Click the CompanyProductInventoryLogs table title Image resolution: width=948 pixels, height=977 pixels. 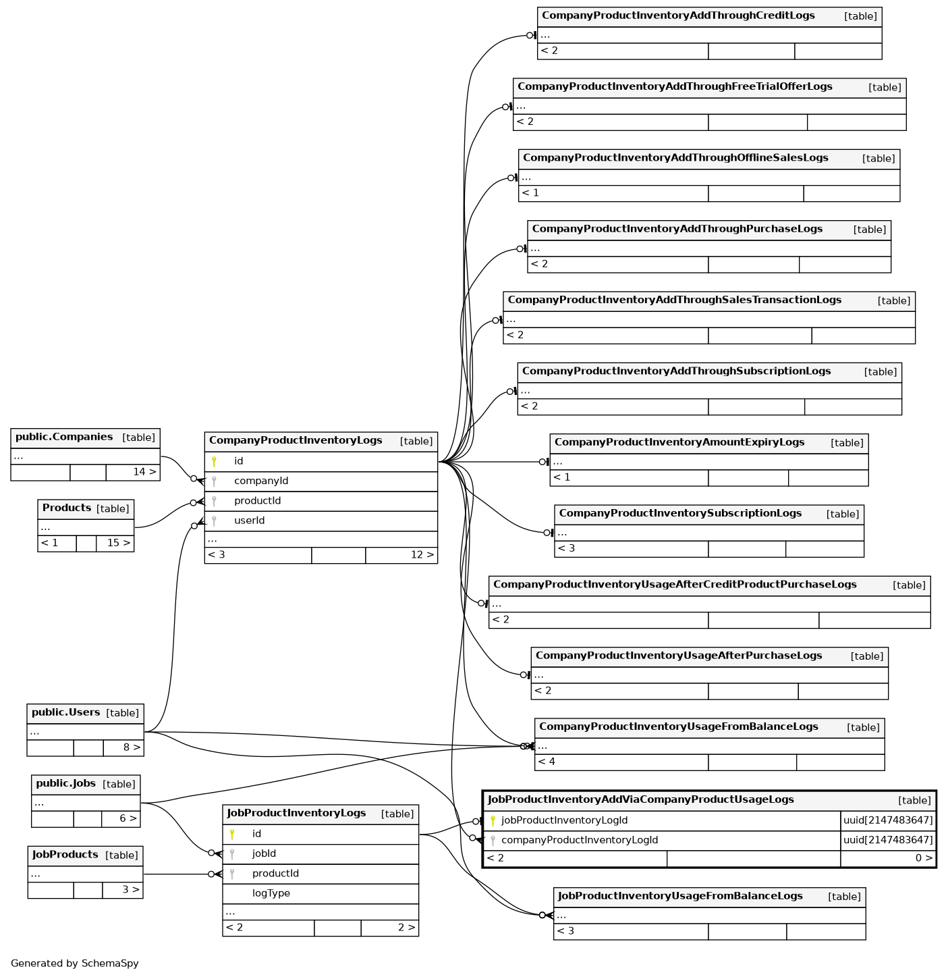point(296,441)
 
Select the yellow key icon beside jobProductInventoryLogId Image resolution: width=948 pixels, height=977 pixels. point(493,821)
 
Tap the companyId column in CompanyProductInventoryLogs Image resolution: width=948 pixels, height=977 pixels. point(261,481)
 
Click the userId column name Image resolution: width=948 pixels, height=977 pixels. point(249,521)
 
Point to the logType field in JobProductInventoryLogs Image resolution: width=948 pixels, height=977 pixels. point(271,893)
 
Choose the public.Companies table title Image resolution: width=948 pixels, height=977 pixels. point(64,437)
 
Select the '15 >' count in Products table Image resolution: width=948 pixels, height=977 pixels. point(119,543)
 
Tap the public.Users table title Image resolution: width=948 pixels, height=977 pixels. point(65,712)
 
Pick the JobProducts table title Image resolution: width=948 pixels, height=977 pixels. point(65,855)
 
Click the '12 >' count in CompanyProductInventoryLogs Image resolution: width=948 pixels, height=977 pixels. point(422,555)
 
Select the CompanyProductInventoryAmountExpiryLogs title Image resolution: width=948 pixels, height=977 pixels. point(679,442)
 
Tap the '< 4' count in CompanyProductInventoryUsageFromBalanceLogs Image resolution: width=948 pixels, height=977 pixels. point(547,762)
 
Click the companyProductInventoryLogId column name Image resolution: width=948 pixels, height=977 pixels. point(580,841)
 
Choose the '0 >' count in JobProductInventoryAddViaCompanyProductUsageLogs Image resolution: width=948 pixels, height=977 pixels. point(924,859)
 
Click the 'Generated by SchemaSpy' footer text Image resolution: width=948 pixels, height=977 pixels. point(75,963)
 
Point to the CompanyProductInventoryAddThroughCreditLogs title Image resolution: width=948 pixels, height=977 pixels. point(678,16)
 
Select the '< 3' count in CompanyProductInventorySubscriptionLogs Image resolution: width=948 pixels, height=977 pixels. point(566,548)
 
